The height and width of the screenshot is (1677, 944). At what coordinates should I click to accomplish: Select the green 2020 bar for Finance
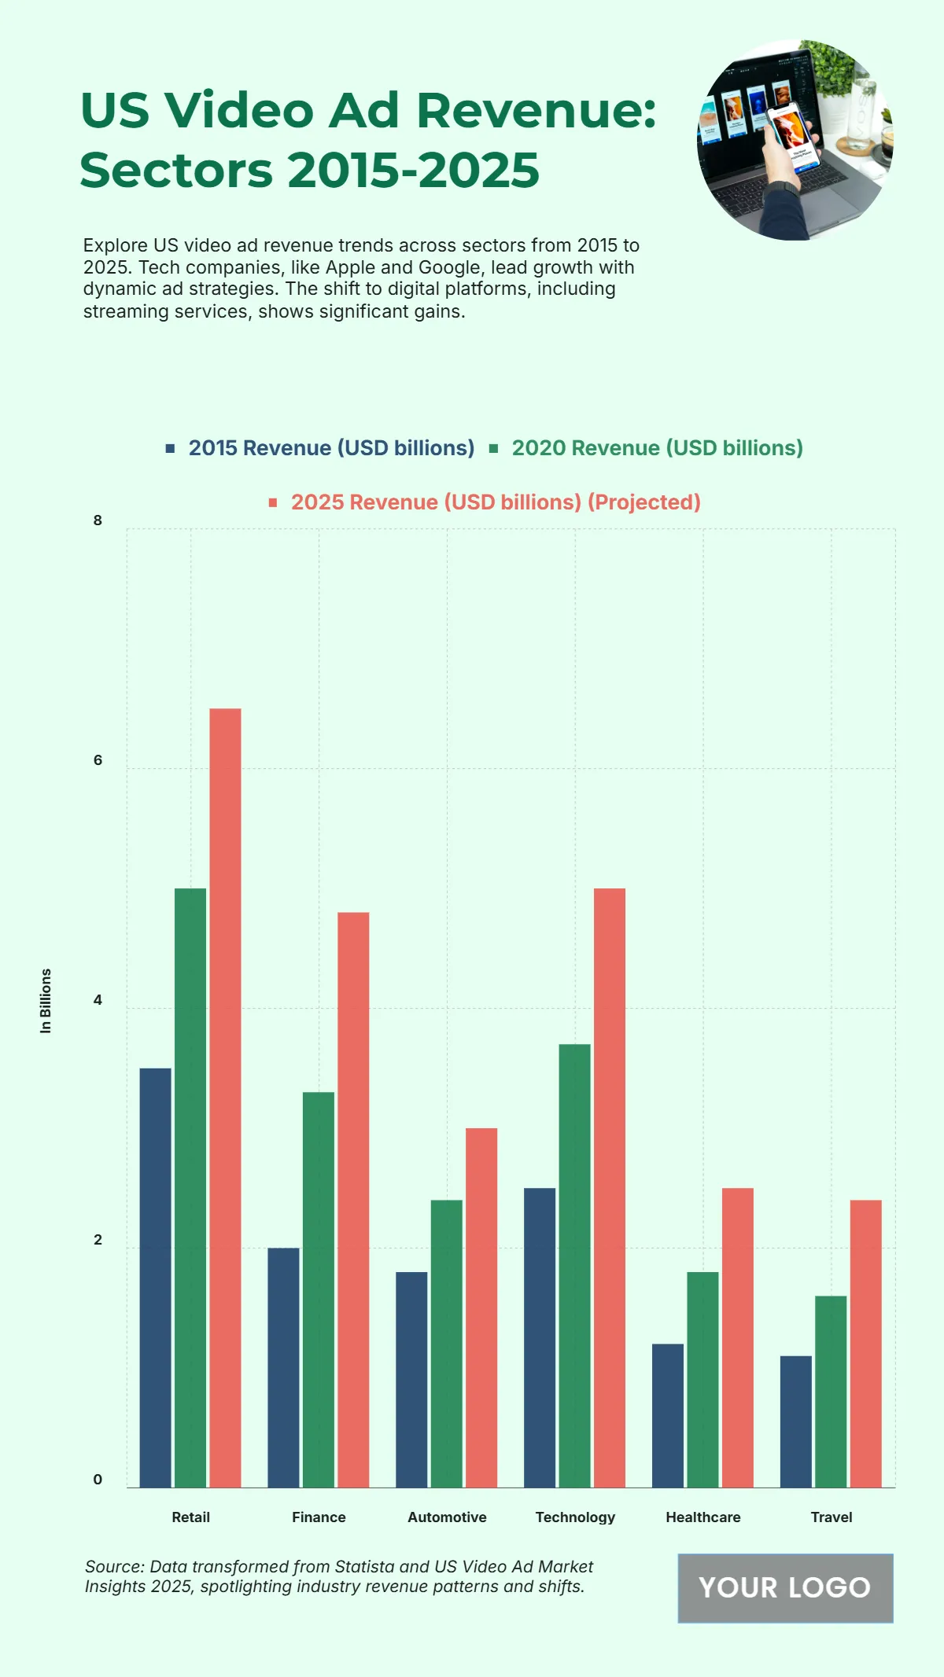pyautogui.click(x=319, y=1289)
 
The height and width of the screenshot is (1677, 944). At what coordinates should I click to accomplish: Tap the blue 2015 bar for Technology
pyautogui.click(x=540, y=1337)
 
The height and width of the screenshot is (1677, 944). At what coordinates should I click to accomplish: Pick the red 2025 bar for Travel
pyautogui.click(x=865, y=1344)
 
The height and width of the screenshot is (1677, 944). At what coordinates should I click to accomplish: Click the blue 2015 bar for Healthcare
pyautogui.click(x=668, y=1415)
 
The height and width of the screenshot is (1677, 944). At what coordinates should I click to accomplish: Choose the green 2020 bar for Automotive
pyautogui.click(x=447, y=1344)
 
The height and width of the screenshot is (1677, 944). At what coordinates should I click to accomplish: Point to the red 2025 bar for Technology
pyautogui.click(x=610, y=1187)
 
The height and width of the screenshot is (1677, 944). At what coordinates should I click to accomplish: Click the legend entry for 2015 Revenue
pyautogui.click(x=330, y=448)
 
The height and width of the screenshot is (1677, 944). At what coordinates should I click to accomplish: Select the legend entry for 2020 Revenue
pyautogui.click(x=656, y=448)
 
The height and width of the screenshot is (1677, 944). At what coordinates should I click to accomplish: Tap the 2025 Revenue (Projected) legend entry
pyautogui.click(x=495, y=502)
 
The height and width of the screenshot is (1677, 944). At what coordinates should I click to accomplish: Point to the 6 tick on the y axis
pyautogui.click(x=98, y=760)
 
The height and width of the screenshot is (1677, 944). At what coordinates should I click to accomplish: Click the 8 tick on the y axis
pyautogui.click(x=98, y=520)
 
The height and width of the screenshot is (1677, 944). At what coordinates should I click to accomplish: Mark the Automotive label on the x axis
pyautogui.click(x=447, y=1517)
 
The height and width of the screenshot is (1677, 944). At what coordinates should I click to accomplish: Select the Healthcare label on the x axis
pyautogui.click(x=703, y=1517)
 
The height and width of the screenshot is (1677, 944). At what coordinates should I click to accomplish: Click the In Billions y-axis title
pyautogui.click(x=46, y=1001)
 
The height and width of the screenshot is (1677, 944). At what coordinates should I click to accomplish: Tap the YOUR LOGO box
pyautogui.click(x=785, y=1587)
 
